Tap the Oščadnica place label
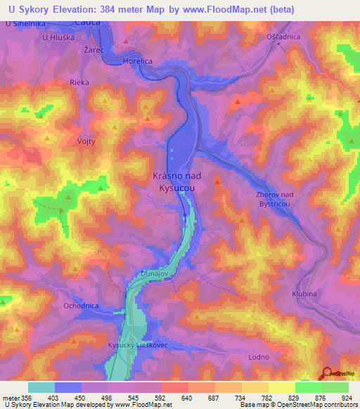[x=283, y=37]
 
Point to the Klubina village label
[x=304, y=295]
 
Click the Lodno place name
[x=259, y=357]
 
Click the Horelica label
[x=137, y=62]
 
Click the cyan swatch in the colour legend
[x=41, y=387]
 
